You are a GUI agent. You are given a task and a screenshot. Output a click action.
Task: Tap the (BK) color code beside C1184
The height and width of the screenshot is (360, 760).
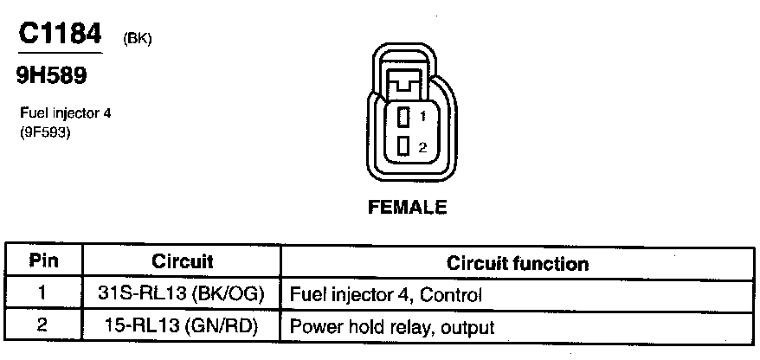tap(138, 39)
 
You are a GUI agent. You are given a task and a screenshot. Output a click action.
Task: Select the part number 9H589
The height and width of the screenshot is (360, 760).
tap(52, 75)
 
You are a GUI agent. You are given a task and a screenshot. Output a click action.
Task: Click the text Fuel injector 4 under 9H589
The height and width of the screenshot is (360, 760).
tap(66, 113)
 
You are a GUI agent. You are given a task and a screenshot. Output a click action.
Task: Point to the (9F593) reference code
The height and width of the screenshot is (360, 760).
tap(44, 133)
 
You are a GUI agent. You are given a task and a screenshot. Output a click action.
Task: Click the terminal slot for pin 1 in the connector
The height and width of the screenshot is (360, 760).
tap(403, 116)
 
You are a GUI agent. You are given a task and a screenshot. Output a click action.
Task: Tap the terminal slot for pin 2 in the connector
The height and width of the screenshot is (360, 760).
tap(403, 146)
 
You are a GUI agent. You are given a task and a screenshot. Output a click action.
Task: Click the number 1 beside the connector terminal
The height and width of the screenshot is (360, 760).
tap(422, 116)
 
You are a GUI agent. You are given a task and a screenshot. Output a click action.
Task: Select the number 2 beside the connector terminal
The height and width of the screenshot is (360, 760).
tap(422, 147)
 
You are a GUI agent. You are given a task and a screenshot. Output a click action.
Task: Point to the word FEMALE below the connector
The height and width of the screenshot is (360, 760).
tap(407, 207)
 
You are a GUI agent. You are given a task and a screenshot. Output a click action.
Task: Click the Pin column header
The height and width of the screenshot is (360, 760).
tap(43, 260)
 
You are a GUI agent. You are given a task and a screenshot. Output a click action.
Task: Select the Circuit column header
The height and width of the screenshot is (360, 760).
tap(182, 260)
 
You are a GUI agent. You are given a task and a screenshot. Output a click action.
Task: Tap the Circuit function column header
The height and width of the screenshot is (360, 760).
tap(518, 263)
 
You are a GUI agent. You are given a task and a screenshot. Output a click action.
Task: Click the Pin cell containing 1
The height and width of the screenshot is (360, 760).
tap(43, 294)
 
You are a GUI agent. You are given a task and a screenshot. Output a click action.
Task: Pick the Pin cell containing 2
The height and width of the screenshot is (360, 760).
tap(43, 327)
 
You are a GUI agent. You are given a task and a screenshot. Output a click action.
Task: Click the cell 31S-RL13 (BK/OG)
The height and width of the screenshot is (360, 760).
tap(182, 294)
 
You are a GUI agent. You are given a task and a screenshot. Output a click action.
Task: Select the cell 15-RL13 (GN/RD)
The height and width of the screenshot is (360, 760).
tap(182, 327)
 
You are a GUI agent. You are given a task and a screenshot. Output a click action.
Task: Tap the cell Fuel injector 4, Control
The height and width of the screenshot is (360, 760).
tap(385, 295)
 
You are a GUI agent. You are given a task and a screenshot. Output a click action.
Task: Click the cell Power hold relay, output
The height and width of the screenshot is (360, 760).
tap(392, 328)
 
